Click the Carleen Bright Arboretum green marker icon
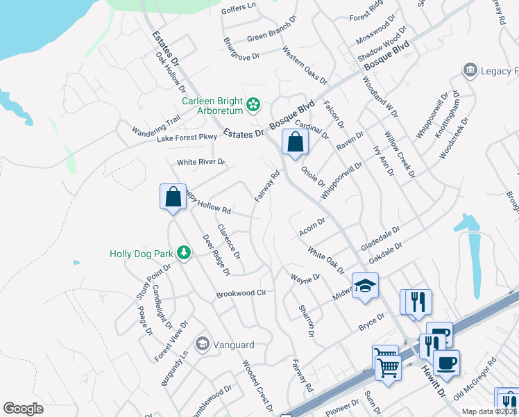coord(254,105)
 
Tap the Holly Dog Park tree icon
coord(184,253)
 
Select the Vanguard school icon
coord(203,344)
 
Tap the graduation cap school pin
coord(364,286)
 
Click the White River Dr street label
coord(201,162)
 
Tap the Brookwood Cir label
coord(241,293)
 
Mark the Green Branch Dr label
coord(271,35)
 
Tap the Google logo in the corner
coord(23,409)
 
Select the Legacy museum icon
coord(470,71)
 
